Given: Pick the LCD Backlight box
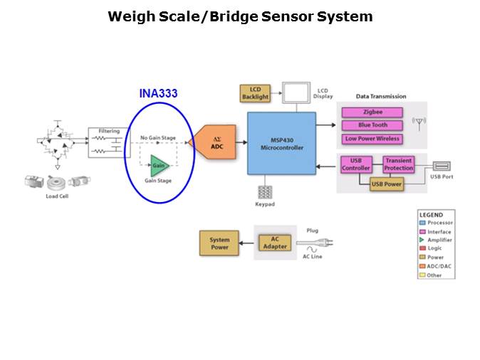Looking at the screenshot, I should (254, 92).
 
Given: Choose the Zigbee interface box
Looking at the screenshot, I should (372, 112).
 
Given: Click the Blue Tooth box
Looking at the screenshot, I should (372, 125).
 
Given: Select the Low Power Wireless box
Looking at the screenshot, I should (372, 139).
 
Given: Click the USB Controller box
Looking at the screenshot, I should (355, 164).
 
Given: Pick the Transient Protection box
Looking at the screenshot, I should (398, 164).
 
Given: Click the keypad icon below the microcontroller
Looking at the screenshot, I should (265, 191).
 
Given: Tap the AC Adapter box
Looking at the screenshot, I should (275, 243).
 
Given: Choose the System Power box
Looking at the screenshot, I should (219, 243).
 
